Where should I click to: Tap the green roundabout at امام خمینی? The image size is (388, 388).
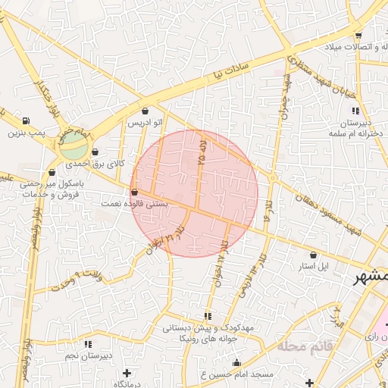[x=74, y=142]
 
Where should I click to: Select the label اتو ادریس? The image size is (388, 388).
[x=145, y=122]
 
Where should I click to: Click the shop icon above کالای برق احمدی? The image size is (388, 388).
[x=95, y=152]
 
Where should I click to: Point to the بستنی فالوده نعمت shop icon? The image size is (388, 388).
[x=135, y=192]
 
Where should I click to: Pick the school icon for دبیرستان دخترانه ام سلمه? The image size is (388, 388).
[x=355, y=111]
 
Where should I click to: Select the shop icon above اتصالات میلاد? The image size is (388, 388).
[x=358, y=35]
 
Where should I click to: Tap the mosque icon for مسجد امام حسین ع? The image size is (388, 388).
[x=309, y=380]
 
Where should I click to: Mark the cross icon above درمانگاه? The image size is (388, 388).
[x=127, y=373]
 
